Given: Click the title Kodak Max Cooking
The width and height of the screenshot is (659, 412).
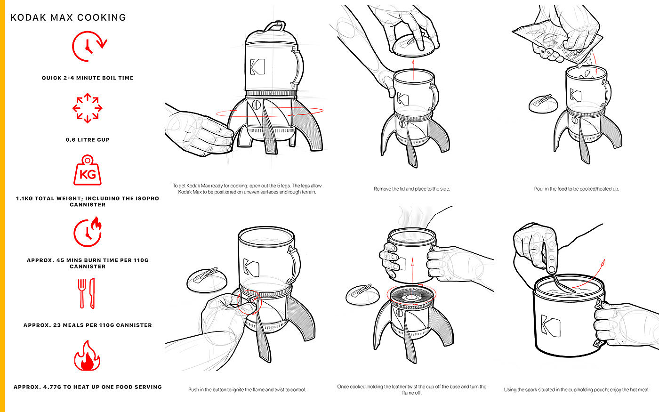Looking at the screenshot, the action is click(x=68, y=18).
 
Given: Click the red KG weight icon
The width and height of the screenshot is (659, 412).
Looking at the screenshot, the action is click(x=88, y=170).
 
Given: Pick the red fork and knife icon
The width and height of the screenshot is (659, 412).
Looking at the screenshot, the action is click(x=87, y=293).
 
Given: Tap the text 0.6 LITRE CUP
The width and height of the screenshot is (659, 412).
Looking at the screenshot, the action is click(x=88, y=140).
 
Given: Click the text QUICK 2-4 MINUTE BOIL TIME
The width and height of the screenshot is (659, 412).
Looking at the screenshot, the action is click(x=88, y=78).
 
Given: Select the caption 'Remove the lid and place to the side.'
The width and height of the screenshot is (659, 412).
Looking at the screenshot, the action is click(x=412, y=189).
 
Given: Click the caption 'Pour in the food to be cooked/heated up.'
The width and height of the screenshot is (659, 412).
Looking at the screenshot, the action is click(x=577, y=189).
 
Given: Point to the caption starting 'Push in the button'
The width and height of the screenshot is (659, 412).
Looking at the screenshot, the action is click(x=247, y=390).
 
